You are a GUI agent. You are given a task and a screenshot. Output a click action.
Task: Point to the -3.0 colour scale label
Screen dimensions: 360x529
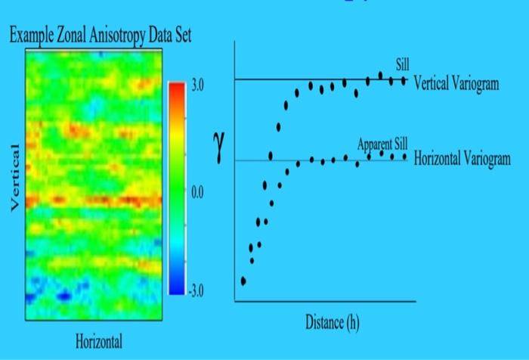point(196,290)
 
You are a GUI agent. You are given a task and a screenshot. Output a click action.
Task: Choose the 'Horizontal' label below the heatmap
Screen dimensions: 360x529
point(98,341)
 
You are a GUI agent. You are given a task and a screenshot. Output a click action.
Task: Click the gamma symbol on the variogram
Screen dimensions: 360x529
point(217,147)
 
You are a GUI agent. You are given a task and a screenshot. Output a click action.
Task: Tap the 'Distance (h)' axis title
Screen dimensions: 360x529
point(333,322)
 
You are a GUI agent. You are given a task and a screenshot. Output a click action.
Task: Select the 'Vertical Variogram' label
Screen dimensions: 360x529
point(456,83)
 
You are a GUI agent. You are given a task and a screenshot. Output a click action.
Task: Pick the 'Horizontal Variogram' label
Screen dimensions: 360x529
point(462,160)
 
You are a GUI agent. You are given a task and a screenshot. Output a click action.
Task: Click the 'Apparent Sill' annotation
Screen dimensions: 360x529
point(382,144)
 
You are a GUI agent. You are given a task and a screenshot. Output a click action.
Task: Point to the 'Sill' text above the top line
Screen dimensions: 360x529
point(402,63)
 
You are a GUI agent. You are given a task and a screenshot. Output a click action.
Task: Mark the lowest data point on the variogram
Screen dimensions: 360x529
point(243,281)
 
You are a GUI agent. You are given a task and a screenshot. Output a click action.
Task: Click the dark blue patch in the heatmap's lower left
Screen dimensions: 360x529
point(62,293)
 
